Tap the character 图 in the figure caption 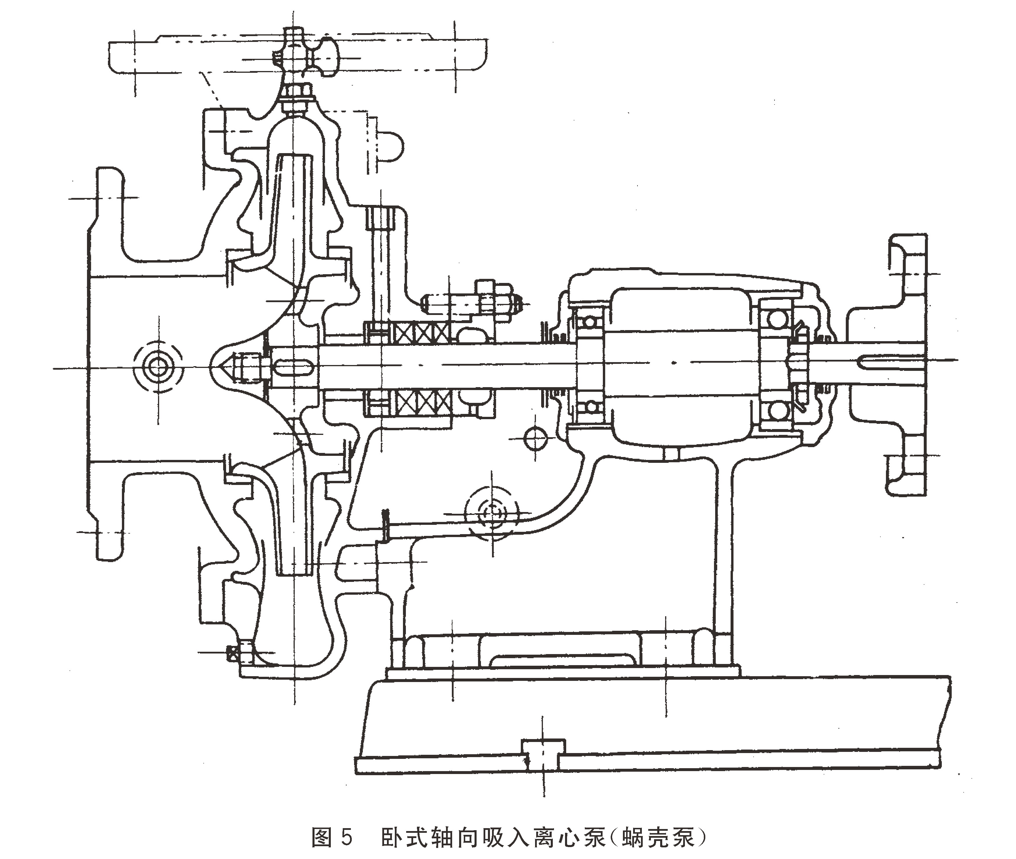(x=322, y=837)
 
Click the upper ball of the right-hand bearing (x=777, y=319)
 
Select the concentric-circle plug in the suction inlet (x=158, y=368)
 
